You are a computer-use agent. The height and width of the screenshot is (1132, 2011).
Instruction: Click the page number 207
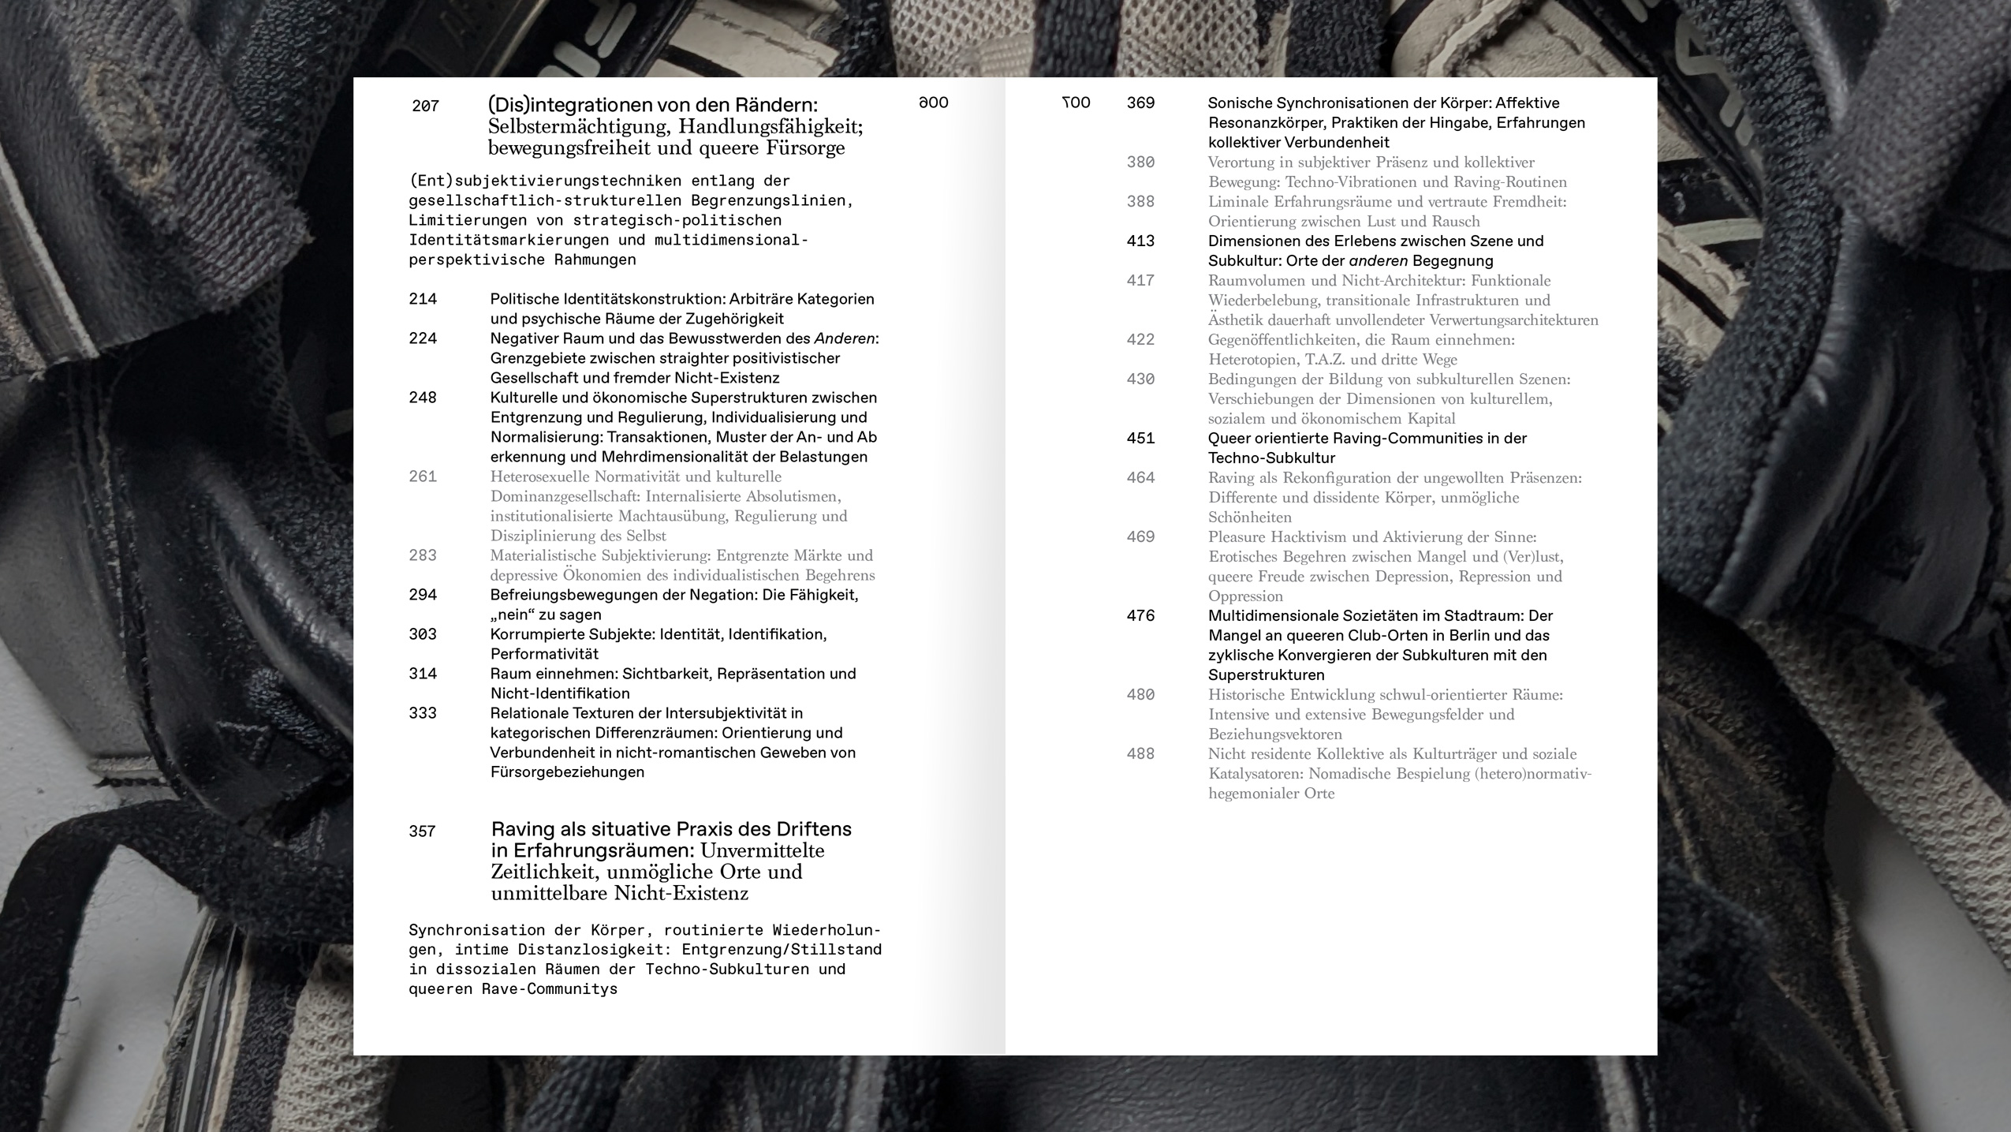click(x=425, y=106)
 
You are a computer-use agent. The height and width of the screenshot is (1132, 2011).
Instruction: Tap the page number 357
click(x=422, y=831)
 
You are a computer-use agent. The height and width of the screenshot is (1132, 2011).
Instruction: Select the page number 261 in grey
click(x=422, y=476)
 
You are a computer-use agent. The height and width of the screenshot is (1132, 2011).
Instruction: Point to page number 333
click(x=422, y=713)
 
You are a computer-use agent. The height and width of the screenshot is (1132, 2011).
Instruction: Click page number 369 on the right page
click(x=1140, y=103)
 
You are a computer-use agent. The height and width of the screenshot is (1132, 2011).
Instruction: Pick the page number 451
click(x=1140, y=438)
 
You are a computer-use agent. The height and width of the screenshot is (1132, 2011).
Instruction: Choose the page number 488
click(x=1140, y=753)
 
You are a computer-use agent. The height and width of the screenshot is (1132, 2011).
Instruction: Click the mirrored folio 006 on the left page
click(x=933, y=103)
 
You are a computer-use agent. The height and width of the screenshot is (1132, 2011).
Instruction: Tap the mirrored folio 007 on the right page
click(x=1076, y=103)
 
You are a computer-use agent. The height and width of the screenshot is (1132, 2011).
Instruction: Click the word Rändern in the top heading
click(x=776, y=105)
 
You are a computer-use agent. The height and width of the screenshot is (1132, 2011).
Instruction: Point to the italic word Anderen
click(x=845, y=338)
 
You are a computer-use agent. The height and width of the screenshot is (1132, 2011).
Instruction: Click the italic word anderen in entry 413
click(x=1379, y=260)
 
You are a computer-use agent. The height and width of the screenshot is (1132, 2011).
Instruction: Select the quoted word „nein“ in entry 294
click(x=513, y=615)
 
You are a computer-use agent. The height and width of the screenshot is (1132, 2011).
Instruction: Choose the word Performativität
click(x=544, y=654)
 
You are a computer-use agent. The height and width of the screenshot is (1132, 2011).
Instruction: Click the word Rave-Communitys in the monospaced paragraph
click(x=550, y=989)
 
